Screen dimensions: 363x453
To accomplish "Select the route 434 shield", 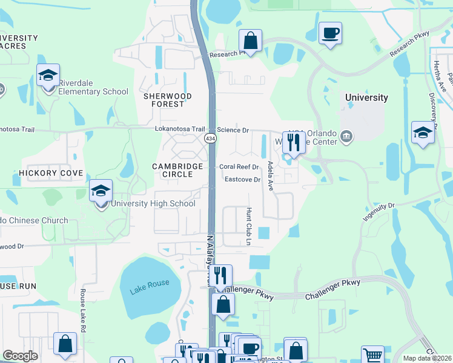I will click(210, 139).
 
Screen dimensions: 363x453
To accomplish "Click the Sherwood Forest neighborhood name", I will click(167, 100).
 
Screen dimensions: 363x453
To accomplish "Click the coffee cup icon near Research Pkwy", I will click(330, 33).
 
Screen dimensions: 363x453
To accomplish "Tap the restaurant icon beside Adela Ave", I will click(294, 143).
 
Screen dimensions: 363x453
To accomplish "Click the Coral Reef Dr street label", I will click(239, 167).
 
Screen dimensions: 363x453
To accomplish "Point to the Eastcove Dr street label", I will click(242, 180).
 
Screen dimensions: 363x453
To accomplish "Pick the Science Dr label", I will click(233, 130).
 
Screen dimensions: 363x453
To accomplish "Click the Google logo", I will click(20, 356).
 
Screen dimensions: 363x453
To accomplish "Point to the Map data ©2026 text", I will click(428, 358).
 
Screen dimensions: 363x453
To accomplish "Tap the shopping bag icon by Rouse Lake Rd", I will click(65, 344).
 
